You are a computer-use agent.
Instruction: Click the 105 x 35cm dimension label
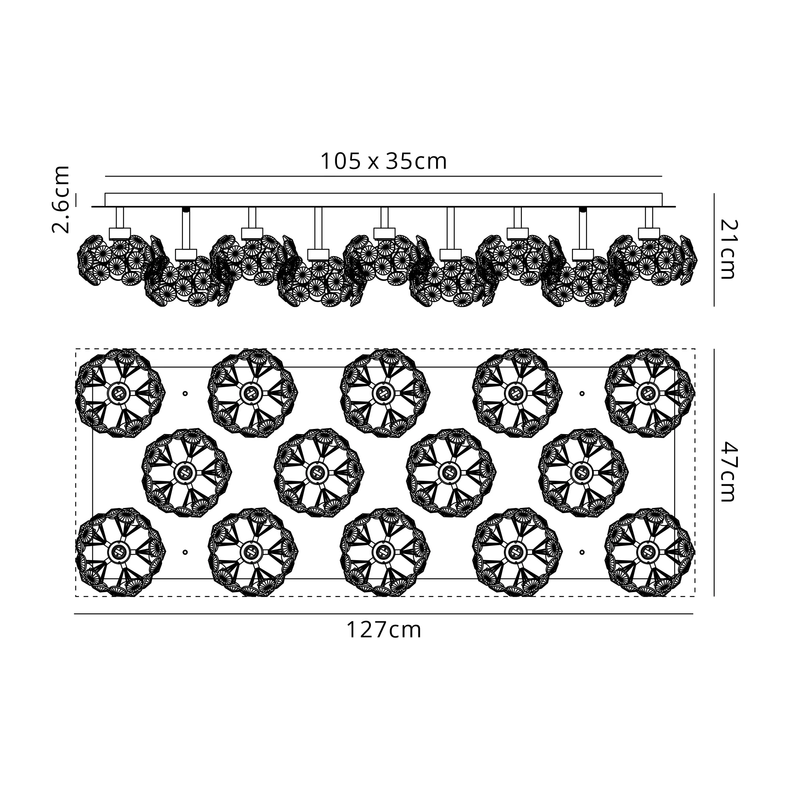[x=383, y=161]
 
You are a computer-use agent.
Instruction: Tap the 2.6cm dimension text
[x=60, y=199]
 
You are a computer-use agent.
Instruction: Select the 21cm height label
[x=728, y=249]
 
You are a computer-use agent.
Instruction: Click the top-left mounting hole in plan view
[x=185, y=393]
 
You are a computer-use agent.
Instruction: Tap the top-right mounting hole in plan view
[x=582, y=393]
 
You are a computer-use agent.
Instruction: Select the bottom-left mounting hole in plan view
[x=185, y=552]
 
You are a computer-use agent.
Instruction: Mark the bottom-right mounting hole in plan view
[x=582, y=552]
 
